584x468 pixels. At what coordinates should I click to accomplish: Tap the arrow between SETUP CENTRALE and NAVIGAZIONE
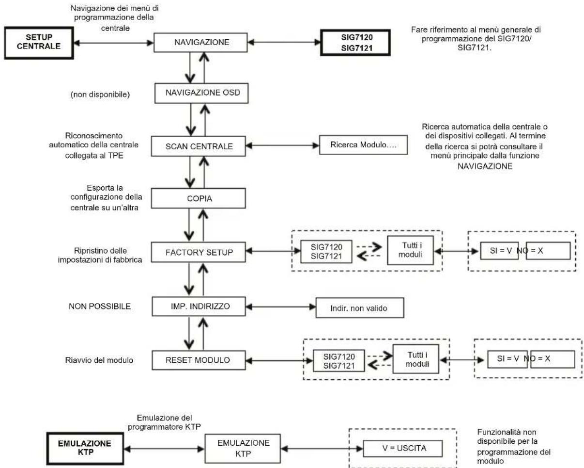(x=114, y=43)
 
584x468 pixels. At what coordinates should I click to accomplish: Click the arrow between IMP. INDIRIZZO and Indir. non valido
(x=281, y=307)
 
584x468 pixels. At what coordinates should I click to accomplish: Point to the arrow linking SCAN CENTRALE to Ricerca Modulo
(x=282, y=145)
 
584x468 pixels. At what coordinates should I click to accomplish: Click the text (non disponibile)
(x=100, y=95)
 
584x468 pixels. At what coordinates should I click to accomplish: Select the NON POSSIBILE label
(x=100, y=307)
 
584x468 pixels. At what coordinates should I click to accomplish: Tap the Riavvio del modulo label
(x=99, y=360)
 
